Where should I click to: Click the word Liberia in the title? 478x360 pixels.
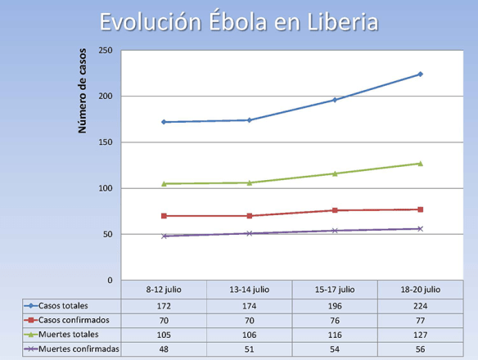point(337,22)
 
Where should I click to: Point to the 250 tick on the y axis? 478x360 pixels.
point(105,51)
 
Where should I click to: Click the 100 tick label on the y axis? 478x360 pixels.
point(105,189)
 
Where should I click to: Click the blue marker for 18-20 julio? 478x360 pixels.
point(420,74)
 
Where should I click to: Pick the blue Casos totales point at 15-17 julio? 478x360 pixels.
point(335,100)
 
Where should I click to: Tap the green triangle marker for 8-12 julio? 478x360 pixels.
point(164,184)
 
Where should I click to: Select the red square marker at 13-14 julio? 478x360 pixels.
point(250,216)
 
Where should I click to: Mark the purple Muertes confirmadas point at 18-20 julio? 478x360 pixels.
point(420,229)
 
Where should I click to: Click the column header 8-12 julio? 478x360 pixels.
point(164,289)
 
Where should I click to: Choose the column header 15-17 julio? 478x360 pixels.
point(335,289)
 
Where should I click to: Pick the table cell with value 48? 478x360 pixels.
point(164,349)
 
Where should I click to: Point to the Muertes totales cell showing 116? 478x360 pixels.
point(335,334)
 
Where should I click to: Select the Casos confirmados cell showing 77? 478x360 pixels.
point(420,318)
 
